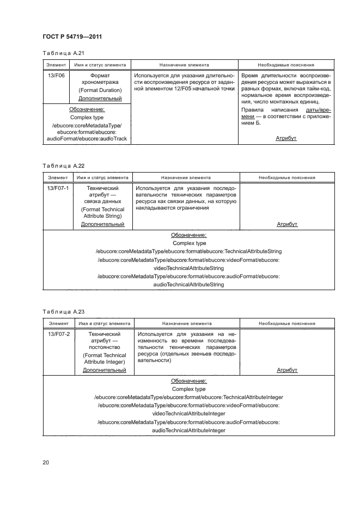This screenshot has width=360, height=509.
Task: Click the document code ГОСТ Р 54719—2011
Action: pyautogui.click(x=73, y=36)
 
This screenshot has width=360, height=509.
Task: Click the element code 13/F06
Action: pyautogui.click(x=56, y=76)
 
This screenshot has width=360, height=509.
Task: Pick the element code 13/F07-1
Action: pyautogui.click(x=58, y=188)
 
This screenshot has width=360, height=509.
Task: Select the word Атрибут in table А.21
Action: pyautogui.click(x=286, y=139)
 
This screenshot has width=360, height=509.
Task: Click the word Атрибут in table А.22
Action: pyautogui.click(x=287, y=224)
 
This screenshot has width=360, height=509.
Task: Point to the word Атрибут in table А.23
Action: pyautogui.click(x=287, y=370)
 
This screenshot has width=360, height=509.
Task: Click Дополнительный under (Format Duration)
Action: pyautogui.click(x=100, y=99)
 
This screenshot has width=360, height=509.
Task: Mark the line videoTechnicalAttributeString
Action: pyautogui.click(x=189, y=268)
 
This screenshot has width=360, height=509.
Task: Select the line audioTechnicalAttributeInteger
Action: pyautogui.click(x=189, y=430)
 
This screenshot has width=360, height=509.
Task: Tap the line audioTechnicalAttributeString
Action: pyautogui.click(x=189, y=284)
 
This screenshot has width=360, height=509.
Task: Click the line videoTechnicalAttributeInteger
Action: pyautogui.click(x=189, y=414)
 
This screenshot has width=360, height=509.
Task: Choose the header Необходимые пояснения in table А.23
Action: pyautogui.click(x=287, y=323)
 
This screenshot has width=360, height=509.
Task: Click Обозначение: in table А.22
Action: pyautogui.click(x=189, y=235)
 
